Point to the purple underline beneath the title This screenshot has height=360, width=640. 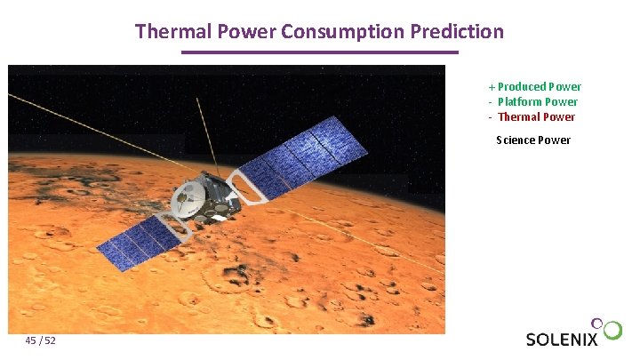(x=319, y=52)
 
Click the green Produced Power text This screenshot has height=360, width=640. (x=539, y=87)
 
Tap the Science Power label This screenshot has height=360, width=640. (x=533, y=140)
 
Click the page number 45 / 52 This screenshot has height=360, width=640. (x=41, y=341)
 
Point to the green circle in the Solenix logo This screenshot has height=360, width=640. (x=613, y=332)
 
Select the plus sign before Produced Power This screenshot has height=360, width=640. (x=492, y=87)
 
